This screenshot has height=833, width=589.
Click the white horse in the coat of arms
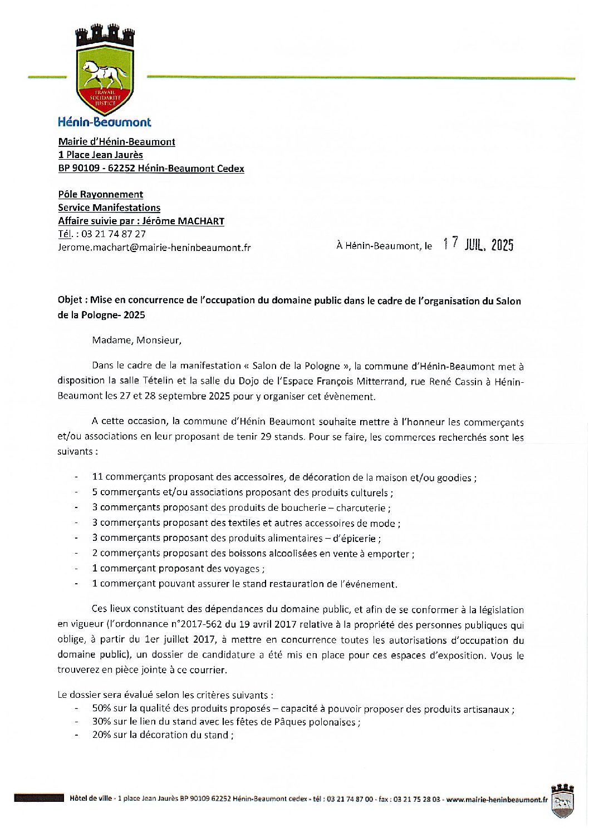click(x=105, y=72)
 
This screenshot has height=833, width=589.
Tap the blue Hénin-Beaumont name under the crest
click(x=105, y=122)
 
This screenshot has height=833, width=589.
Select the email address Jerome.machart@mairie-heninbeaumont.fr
click(x=154, y=248)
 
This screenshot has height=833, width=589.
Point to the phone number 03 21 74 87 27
click(x=114, y=234)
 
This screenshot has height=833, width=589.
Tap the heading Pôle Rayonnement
click(x=101, y=194)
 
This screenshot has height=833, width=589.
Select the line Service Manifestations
click(x=109, y=208)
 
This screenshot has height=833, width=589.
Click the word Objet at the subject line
click(x=71, y=300)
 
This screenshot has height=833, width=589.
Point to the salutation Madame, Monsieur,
click(x=137, y=340)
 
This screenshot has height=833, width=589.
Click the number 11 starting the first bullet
click(x=97, y=477)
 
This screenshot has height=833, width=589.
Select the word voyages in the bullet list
click(x=243, y=569)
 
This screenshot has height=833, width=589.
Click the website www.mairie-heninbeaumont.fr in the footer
click(x=497, y=800)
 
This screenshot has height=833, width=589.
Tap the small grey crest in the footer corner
click(x=562, y=801)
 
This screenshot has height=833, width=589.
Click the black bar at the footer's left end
click(x=39, y=799)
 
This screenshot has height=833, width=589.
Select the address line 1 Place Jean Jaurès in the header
click(x=101, y=155)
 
